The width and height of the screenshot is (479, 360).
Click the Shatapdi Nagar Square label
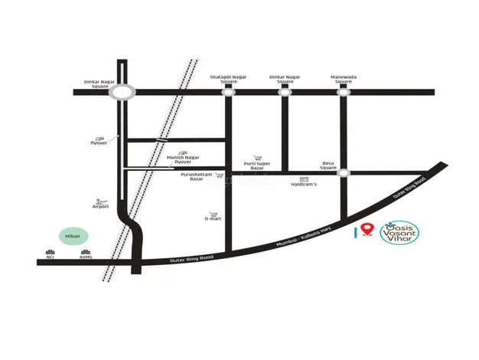pos(227,79)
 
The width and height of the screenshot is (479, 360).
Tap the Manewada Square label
pos(343,79)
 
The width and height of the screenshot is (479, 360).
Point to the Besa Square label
pos(328,165)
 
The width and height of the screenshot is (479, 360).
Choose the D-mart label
pos(213,219)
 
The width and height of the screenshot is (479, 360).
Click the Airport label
pos(101,206)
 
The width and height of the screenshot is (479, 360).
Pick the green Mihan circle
pos(73,237)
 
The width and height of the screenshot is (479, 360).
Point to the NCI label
pos(51,257)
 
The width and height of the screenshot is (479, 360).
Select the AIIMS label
pos(86,257)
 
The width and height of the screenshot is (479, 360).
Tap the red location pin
pos(367,229)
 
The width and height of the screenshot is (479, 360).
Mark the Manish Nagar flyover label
pos(183,159)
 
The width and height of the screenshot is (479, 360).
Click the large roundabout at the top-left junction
pos(122,92)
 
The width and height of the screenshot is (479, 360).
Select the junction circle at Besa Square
pos(344,173)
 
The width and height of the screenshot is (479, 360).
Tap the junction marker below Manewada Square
pos(343,92)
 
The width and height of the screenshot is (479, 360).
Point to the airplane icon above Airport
pos(99,201)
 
